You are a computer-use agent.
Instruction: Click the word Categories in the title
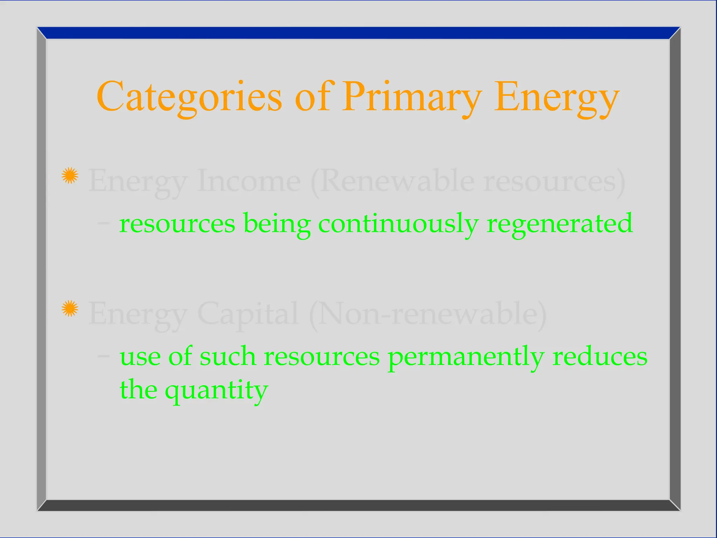(x=189, y=96)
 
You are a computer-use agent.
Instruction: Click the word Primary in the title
(x=412, y=96)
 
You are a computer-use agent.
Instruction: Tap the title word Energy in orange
(x=557, y=96)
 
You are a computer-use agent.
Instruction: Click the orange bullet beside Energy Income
(x=70, y=175)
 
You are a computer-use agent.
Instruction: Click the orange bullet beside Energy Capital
(x=70, y=308)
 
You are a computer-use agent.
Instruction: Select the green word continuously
(x=398, y=223)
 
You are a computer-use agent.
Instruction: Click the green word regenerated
(x=559, y=223)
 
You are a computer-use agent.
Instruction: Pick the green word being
(x=277, y=223)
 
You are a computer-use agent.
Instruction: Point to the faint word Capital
(x=248, y=314)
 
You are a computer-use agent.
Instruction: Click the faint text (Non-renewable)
(x=428, y=314)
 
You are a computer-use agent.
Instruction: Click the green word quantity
(x=216, y=390)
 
